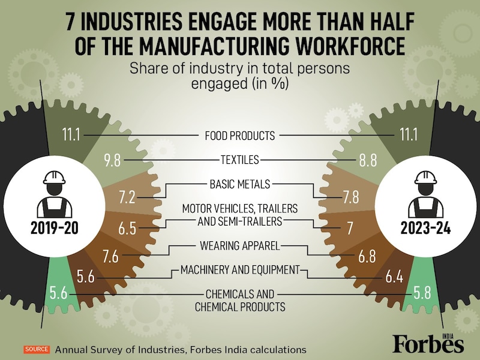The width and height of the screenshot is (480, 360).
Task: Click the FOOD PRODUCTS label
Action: [239, 135]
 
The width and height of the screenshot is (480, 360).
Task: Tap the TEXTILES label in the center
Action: [239, 160]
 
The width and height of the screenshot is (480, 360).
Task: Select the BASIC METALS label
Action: [239, 184]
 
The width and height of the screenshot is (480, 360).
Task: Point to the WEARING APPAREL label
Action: [239, 245]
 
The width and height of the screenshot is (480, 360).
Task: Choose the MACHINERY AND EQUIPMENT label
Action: [239, 270]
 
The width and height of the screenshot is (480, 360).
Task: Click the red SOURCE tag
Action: [37, 349]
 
